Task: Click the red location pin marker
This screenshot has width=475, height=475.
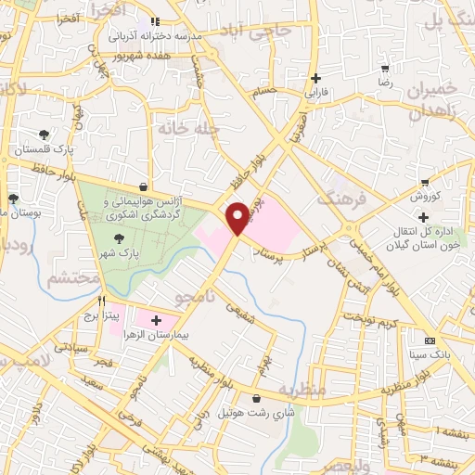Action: [x=239, y=217]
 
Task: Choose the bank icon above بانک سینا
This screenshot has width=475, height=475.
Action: [x=428, y=340]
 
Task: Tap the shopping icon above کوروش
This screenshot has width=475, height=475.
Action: [x=425, y=183]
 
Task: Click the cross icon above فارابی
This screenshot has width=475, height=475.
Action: [x=317, y=78]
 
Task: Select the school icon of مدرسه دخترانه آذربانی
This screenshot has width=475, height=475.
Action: [x=155, y=20]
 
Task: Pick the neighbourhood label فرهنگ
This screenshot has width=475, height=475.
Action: [x=334, y=198]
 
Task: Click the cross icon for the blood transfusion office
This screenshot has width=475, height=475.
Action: [x=423, y=217]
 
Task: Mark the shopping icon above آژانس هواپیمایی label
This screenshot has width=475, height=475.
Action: [x=141, y=186]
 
